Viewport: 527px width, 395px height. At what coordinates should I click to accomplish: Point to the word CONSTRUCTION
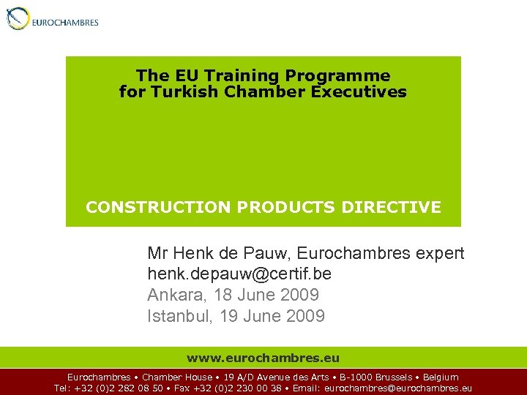pyautogui.click(x=159, y=207)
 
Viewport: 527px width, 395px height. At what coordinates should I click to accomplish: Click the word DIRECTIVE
pyautogui.click(x=400, y=207)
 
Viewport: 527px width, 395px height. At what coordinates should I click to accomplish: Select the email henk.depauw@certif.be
pyautogui.click(x=244, y=274)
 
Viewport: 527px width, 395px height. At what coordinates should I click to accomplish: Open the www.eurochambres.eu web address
pyautogui.click(x=263, y=358)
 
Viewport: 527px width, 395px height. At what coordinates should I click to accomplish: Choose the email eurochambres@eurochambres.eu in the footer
pyautogui.click(x=397, y=388)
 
